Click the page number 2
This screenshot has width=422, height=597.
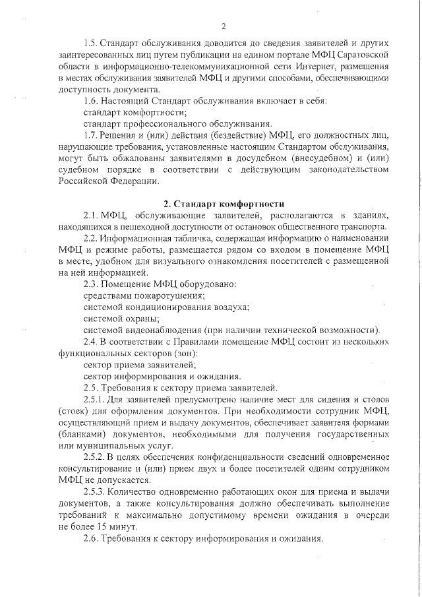(224, 26)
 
